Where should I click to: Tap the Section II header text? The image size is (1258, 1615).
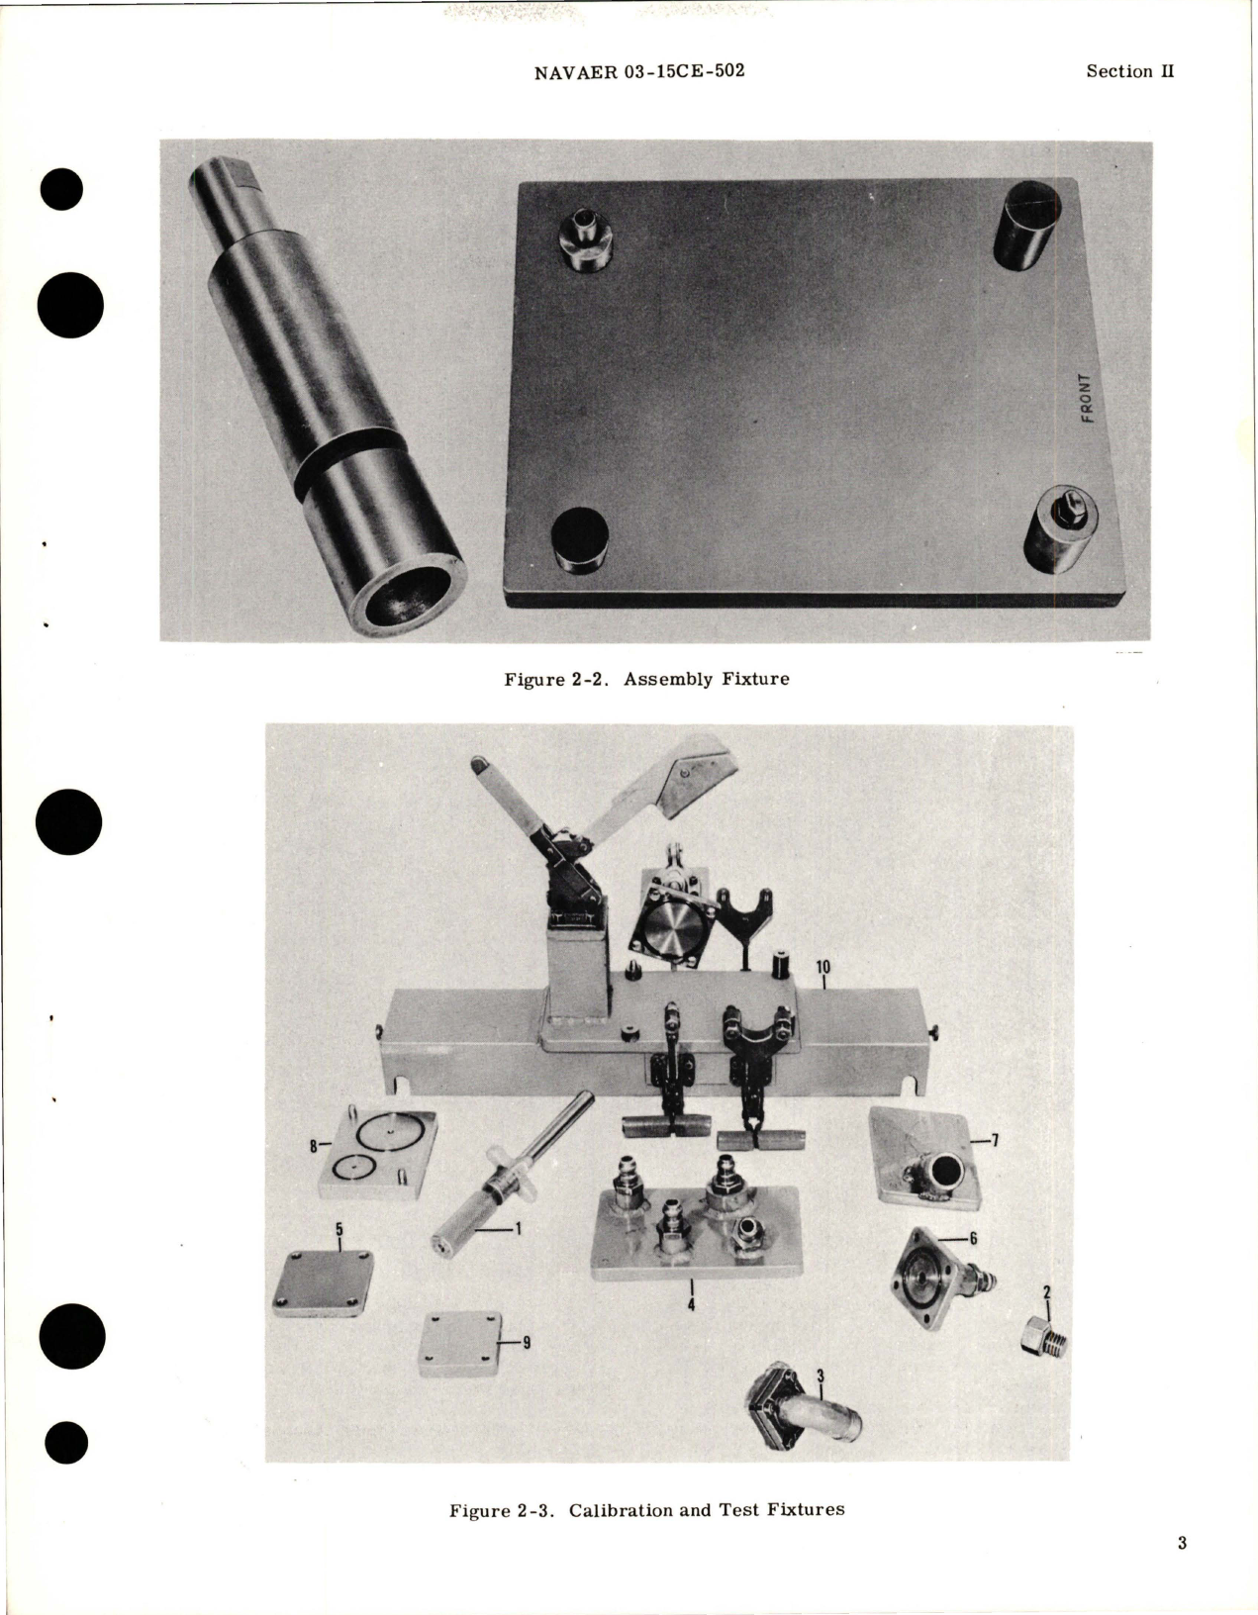coord(1129,71)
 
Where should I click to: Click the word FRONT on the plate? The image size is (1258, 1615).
coord(1087,399)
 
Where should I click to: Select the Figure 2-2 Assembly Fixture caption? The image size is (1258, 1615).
coord(646,680)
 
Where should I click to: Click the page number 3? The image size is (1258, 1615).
coord(1182,1570)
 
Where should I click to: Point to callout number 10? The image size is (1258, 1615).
coord(823,966)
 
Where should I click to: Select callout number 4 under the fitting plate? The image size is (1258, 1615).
coord(691,1305)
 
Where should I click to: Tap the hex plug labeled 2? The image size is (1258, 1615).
coord(1041,1339)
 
